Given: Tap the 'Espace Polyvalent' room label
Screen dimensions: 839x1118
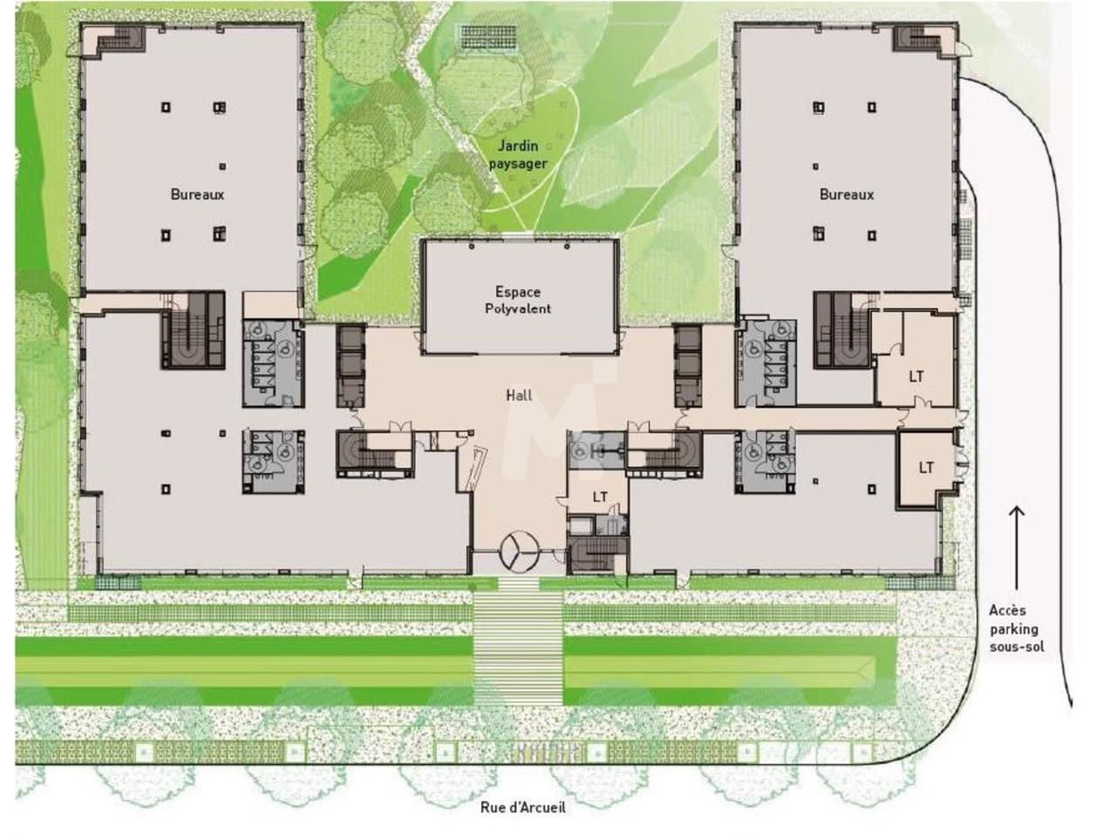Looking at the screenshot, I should (x=518, y=300).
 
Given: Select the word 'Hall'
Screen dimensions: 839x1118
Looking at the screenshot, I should (x=519, y=396).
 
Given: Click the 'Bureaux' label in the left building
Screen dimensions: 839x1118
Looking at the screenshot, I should (x=197, y=194).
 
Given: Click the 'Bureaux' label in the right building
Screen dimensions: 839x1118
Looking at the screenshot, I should (x=846, y=194).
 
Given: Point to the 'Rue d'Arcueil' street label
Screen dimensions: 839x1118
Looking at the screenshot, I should (x=522, y=808).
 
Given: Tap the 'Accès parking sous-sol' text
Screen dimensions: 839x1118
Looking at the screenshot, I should (x=1015, y=628).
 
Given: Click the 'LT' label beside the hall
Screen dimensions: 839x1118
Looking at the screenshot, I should (x=600, y=497).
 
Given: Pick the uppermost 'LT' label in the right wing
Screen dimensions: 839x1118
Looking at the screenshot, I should (x=916, y=377).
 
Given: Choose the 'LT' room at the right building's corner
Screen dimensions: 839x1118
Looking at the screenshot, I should (x=926, y=468).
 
